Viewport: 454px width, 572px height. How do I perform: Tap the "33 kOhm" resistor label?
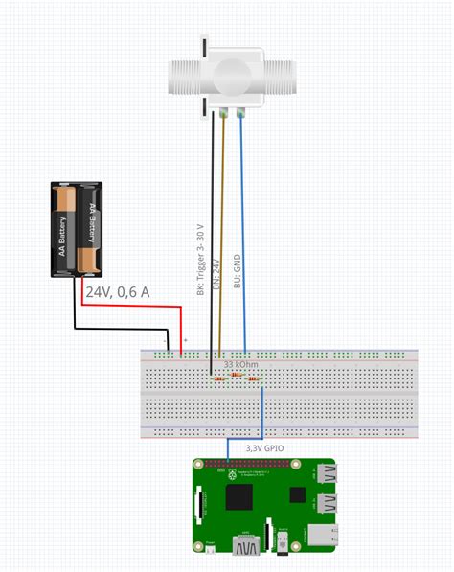(x=240, y=365)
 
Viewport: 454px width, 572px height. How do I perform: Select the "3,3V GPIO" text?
(x=265, y=447)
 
